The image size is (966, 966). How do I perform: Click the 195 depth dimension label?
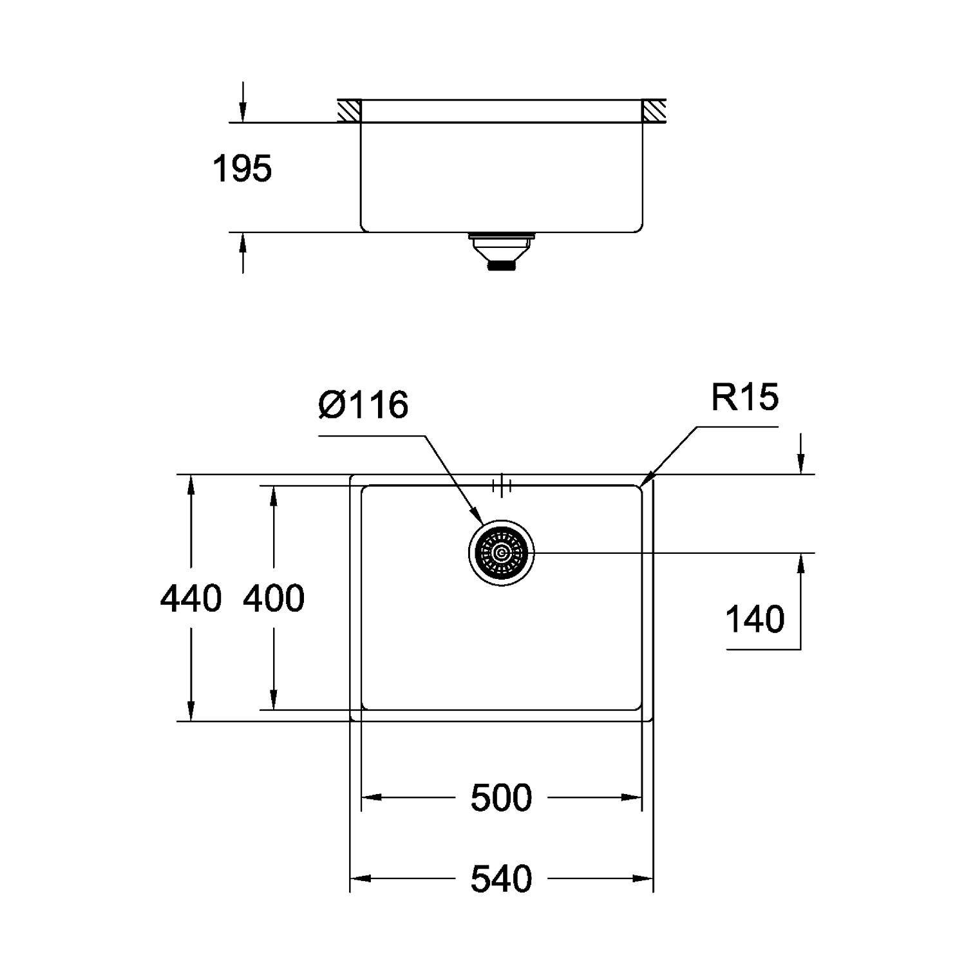click(x=242, y=169)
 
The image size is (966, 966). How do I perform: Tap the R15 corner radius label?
click(x=744, y=397)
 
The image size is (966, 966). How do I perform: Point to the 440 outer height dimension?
click(x=191, y=598)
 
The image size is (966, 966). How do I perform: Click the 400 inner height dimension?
click(x=274, y=598)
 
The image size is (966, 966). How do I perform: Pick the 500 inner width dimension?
click(x=501, y=798)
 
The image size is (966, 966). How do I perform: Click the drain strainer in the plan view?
click(x=501, y=553)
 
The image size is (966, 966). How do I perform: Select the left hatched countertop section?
click(x=348, y=111)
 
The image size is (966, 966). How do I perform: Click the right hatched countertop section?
click(x=654, y=111)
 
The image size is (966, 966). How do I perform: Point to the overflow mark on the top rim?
click(x=501, y=485)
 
